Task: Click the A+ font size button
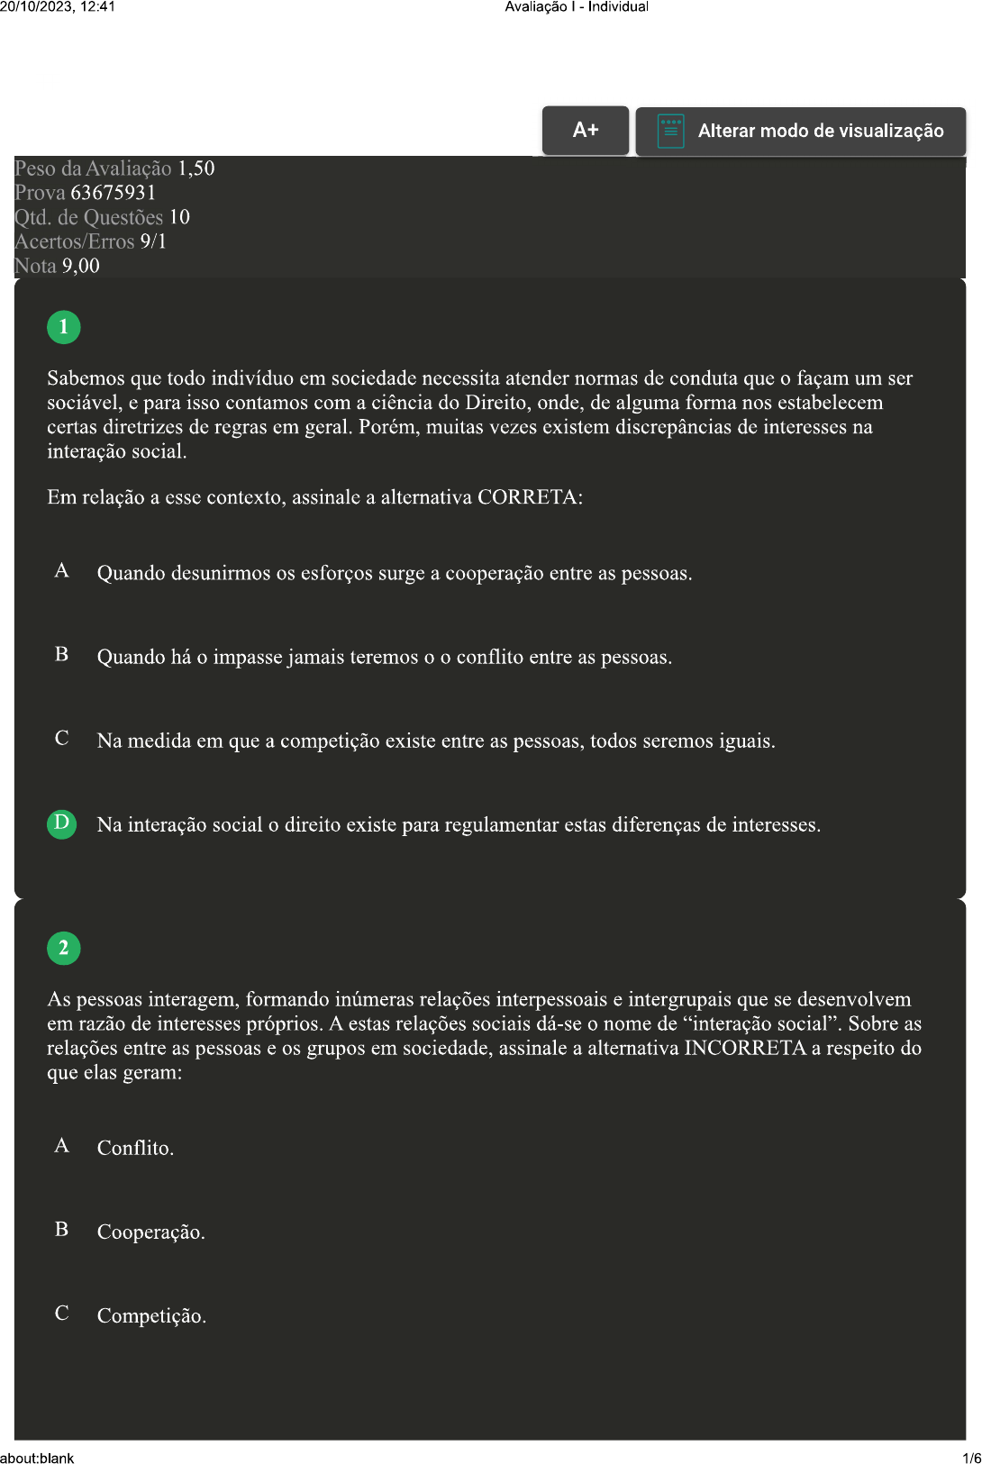[x=586, y=130]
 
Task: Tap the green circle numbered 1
[x=64, y=327]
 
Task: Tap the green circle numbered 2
[x=64, y=948]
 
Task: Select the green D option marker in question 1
[x=62, y=823]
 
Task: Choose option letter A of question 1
[x=62, y=571]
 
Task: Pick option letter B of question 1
[x=62, y=655]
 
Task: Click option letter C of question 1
[x=62, y=739]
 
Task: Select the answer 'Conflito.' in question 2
[x=135, y=1148]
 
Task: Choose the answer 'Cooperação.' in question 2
[x=150, y=1232]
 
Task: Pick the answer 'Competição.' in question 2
[x=151, y=1315]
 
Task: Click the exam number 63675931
[x=113, y=193]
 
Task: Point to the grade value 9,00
[x=81, y=266]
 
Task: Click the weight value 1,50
[x=195, y=168]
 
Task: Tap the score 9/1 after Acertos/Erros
[x=153, y=241]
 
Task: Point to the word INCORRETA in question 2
[x=745, y=1048]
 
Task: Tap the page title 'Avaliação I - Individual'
[x=577, y=7]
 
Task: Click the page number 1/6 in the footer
[x=971, y=1458]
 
